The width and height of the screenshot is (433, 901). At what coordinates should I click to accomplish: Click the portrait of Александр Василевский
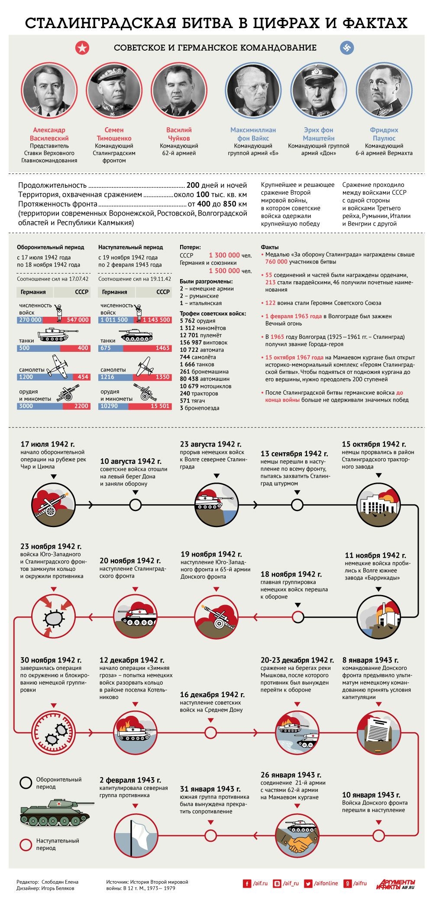[x=49, y=90]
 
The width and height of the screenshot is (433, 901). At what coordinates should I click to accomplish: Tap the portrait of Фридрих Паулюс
[x=384, y=90]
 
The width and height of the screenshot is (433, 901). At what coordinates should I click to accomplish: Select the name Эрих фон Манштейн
[x=319, y=134]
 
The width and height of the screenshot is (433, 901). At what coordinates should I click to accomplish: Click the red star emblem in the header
[x=82, y=48]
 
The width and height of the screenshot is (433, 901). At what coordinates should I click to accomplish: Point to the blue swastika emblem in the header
[x=347, y=48]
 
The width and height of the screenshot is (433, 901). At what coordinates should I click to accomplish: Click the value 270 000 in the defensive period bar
[x=30, y=320]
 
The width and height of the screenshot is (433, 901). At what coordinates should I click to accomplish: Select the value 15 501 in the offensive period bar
[x=160, y=406]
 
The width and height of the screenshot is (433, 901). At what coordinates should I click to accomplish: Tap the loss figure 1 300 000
[x=224, y=255]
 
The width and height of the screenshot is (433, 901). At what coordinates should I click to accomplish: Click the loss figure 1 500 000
[x=224, y=271]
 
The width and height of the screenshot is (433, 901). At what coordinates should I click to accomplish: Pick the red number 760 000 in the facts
[x=276, y=262]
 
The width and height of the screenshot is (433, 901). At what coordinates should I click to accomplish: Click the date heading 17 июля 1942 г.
[x=48, y=444]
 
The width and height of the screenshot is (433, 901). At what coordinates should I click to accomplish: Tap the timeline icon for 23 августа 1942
[x=216, y=505]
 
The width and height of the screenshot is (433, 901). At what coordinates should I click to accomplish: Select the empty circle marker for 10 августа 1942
[x=136, y=505]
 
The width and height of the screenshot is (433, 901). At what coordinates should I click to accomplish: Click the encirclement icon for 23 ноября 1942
[x=54, y=616]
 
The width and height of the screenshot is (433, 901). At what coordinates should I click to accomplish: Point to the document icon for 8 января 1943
[x=379, y=732]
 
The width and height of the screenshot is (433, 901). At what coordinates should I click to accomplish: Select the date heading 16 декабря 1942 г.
[x=212, y=695]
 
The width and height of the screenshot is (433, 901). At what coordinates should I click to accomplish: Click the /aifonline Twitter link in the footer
[x=321, y=883]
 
